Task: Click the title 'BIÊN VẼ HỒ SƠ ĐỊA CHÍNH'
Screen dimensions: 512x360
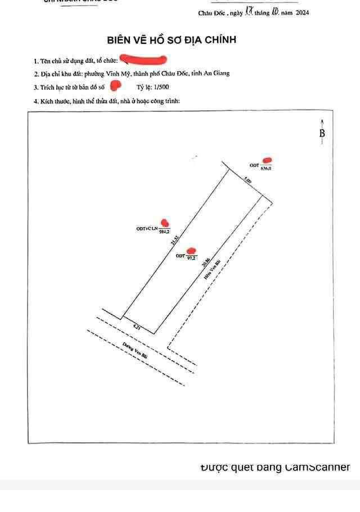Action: [172, 40]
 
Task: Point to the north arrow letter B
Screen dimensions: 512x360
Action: [322, 133]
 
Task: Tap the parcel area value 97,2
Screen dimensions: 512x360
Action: [191, 258]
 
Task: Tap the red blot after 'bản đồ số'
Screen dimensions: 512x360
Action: [115, 86]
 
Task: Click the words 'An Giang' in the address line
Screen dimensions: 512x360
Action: [218, 73]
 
